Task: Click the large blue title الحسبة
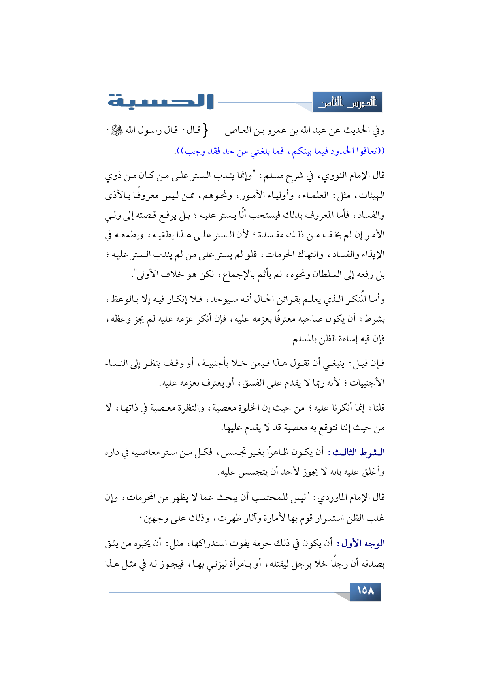tap(160, 102)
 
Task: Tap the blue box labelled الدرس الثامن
tap(347, 103)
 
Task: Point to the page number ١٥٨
tap(365, 591)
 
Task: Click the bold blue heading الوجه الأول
tap(360, 544)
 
